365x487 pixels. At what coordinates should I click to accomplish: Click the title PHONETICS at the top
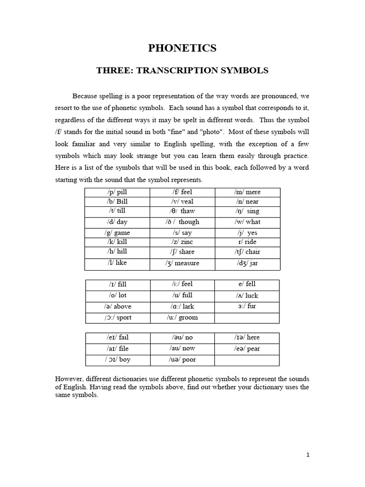(x=182, y=48)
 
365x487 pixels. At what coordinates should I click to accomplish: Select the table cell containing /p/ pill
(x=117, y=192)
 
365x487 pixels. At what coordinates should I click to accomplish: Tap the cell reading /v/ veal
(x=182, y=201)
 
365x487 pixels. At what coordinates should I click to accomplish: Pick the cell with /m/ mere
(x=247, y=192)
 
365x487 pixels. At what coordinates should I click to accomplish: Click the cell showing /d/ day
(x=117, y=222)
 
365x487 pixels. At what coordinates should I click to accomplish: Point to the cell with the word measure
(x=182, y=263)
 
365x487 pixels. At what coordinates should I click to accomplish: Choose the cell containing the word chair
(x=247, y=252)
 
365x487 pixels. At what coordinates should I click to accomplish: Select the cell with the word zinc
(x=182, y=242)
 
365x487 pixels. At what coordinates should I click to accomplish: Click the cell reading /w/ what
(x=247, y=222)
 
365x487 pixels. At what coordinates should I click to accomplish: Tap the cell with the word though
(x=182, y=222)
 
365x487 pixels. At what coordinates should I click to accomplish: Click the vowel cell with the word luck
(x=247, y=295)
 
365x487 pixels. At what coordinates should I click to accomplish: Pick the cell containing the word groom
(x=182, y=317)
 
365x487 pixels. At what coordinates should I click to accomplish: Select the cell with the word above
(x=117, y=306)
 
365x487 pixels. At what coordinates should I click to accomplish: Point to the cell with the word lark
(x=182, y=306)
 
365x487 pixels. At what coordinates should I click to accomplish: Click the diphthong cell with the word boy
(x=117, y=360)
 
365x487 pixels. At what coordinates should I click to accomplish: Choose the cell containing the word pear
(x=247, y=349)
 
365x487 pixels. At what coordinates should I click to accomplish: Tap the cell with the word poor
(x=182, y=360)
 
